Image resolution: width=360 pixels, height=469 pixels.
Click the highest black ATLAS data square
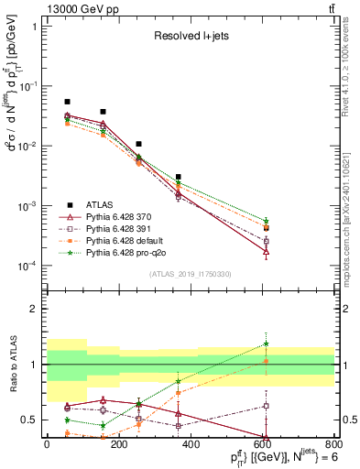pyautogui.click(x=67, y=102)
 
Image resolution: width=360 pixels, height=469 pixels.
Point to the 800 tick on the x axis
pyautogui.click(x=333, y=445)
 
